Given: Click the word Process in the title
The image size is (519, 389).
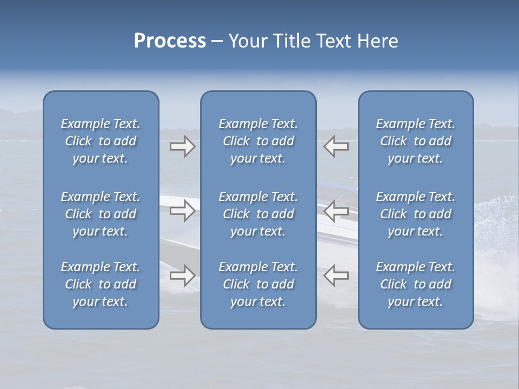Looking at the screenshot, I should click(x=170, y=41).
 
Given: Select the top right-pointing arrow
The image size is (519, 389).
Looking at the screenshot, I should click(x=182, y=146).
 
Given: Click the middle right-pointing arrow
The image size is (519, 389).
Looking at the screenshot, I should click(x=182, y=211).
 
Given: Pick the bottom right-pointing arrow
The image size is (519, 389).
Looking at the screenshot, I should click(x=182, y=276).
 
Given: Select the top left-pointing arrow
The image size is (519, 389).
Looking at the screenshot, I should click(x=336, y=146).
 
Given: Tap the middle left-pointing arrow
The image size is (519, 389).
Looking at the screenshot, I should click(x=336, y=211).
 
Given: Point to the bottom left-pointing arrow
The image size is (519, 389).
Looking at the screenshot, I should click(x=336, y=276).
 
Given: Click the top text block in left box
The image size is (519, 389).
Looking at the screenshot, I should click(x=101, y=141).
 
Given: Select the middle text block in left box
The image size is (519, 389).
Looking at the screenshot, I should click(x=101, y=214).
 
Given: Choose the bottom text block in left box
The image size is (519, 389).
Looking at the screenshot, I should click(x=101, y=284).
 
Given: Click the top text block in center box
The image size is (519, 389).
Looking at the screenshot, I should click(x=258, y=141).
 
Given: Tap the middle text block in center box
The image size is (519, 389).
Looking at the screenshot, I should click(x=258, y=214).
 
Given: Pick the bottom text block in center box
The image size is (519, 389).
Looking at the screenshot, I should click(x=258, y=284).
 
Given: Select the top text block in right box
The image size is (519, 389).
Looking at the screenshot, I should click(x=416, y=141).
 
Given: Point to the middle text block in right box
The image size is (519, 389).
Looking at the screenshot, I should click(x=416, y=214).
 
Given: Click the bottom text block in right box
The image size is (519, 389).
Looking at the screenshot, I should click(x=416, y=284).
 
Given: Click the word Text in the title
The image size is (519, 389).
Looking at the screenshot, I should click(x=334, y=41).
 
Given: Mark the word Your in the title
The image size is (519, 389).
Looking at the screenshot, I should click(x=247, y=41).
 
